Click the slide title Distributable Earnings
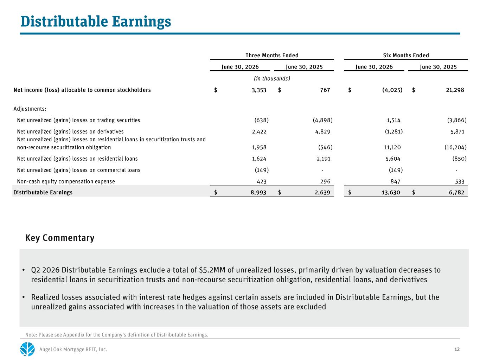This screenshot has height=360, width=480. (96, 22)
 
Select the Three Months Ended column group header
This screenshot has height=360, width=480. (272, 55)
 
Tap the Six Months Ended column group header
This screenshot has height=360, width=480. (406, 55)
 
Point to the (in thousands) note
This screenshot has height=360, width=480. (272, 78)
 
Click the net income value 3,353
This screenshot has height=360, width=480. (259, 90)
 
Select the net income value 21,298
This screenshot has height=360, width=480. (455, 90)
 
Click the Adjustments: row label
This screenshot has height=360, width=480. (30, 109)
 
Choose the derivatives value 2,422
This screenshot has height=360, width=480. (259, 131)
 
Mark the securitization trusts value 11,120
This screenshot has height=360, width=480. (392, 147)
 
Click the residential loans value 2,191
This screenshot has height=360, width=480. (324, 159)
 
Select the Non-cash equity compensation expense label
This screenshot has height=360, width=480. (66, 181)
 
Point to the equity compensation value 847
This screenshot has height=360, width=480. (395, 181)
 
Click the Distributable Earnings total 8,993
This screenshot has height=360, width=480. (258, 192)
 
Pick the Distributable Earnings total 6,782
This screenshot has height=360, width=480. (456, 192)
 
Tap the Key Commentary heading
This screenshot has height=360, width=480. (60, 238)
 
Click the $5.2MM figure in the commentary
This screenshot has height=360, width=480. (212, 270)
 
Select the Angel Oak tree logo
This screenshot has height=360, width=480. (27, 349)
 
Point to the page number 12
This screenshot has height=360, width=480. (457, 349)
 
